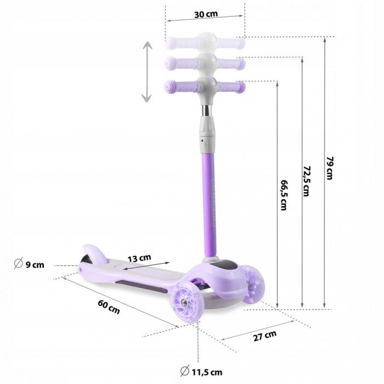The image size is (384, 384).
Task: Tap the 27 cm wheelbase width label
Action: (x=266, y=336)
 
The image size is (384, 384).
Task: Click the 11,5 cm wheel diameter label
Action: (x=206, y=374)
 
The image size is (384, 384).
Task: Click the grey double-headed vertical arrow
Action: (x=146, y=72)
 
